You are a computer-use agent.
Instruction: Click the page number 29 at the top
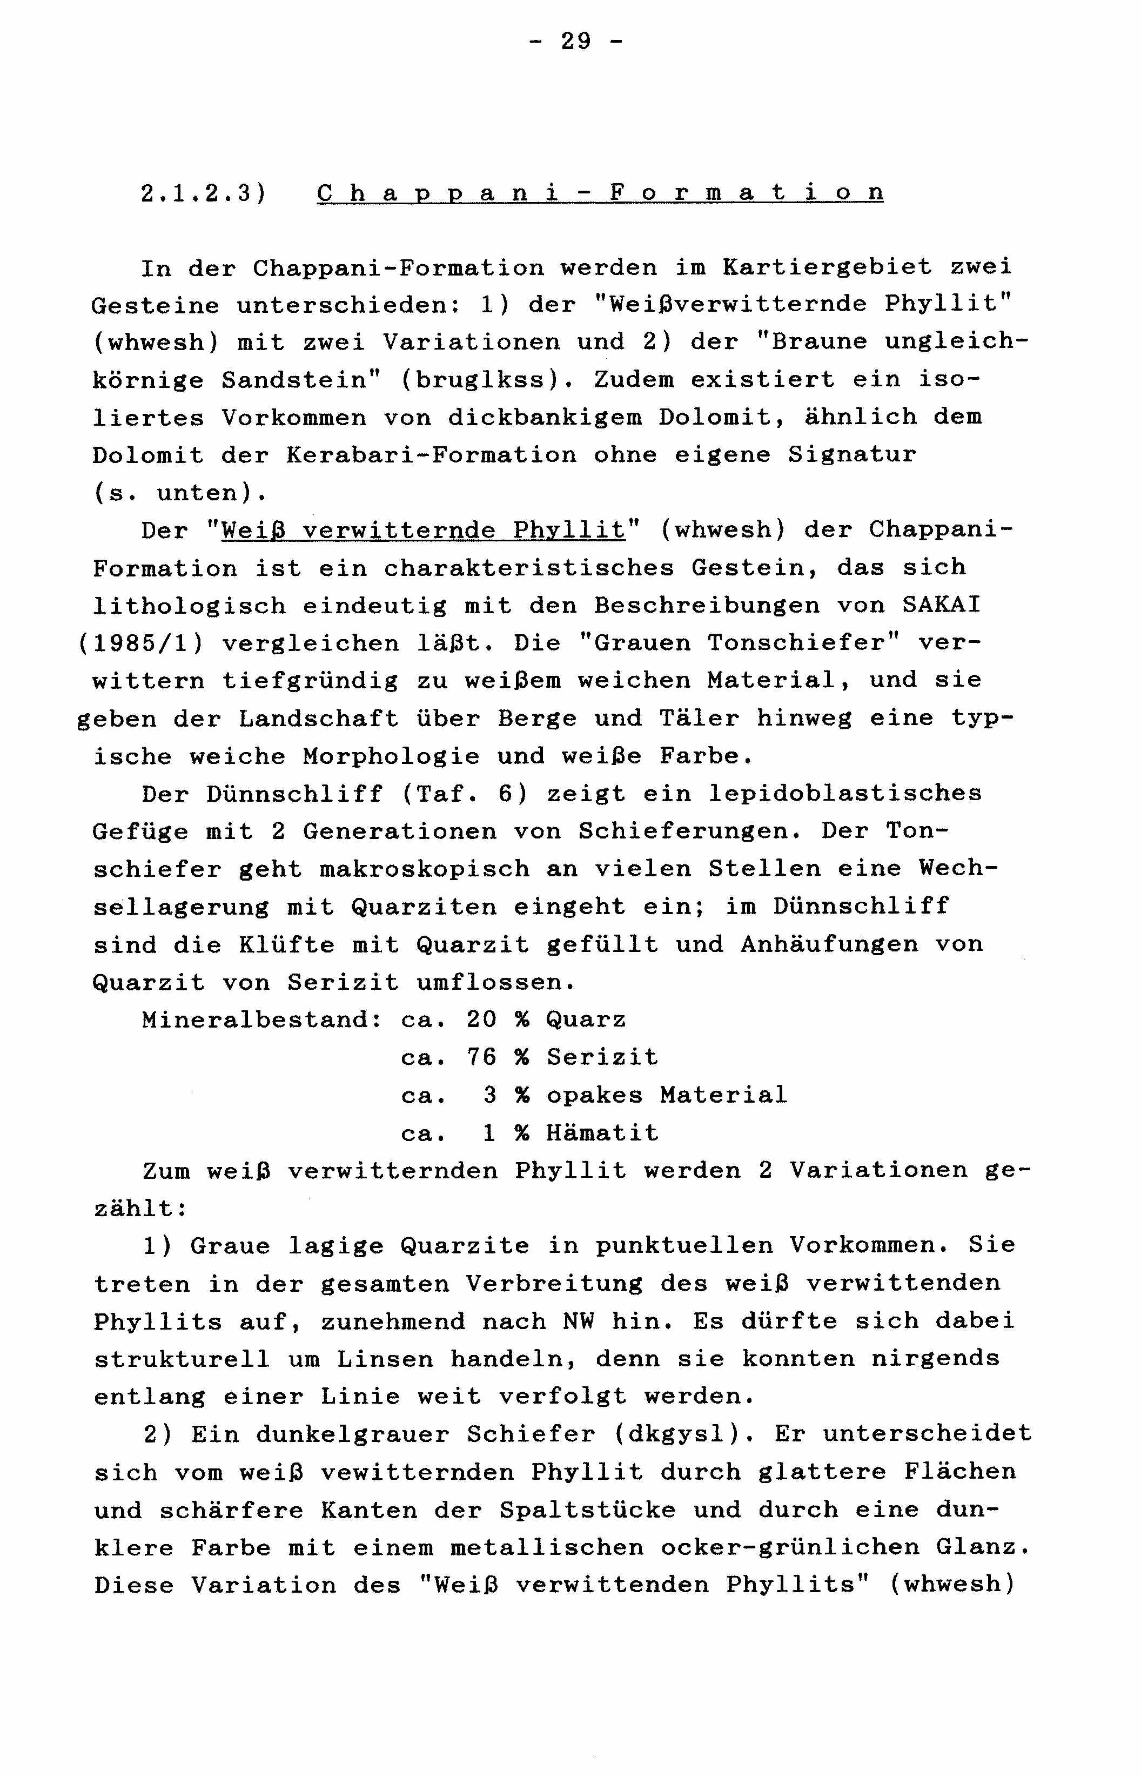(x=576, y=41)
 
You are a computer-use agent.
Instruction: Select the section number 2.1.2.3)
(x=203, y=193)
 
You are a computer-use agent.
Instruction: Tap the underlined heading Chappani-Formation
(x=600, y=193)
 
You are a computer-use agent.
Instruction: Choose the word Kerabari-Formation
(x=431, y=455)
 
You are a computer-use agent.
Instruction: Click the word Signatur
(x=852, y=455)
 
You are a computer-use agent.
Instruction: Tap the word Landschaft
(x=319, y=719)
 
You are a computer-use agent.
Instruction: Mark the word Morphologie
(x=391, y=756)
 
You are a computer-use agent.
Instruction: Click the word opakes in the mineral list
(x=594, y=1095)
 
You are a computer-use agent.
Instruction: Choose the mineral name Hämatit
(x=602, y=1133)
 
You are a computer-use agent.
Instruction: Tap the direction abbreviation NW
(x=578, y=1321)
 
